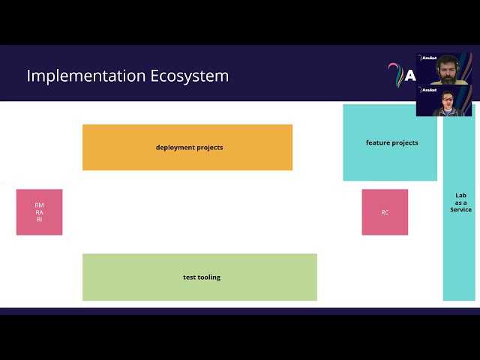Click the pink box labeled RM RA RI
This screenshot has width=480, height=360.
tap(39, 212)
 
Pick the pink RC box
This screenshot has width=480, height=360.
tap(385, 212)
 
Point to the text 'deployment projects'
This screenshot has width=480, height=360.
tap(189, 148)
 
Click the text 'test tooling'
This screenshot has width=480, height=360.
tap(202, 277)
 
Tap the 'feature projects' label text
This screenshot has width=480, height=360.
tap(391, 142)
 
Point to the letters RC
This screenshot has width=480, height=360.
tap(385, 212)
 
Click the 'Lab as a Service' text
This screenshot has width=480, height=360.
tap(460, 202)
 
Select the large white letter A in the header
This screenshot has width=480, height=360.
tap(409, 75)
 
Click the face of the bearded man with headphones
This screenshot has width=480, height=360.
tap(448, 68)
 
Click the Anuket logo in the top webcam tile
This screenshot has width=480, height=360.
tap(427, 58)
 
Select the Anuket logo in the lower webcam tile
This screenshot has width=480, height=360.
tap(427, 89)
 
